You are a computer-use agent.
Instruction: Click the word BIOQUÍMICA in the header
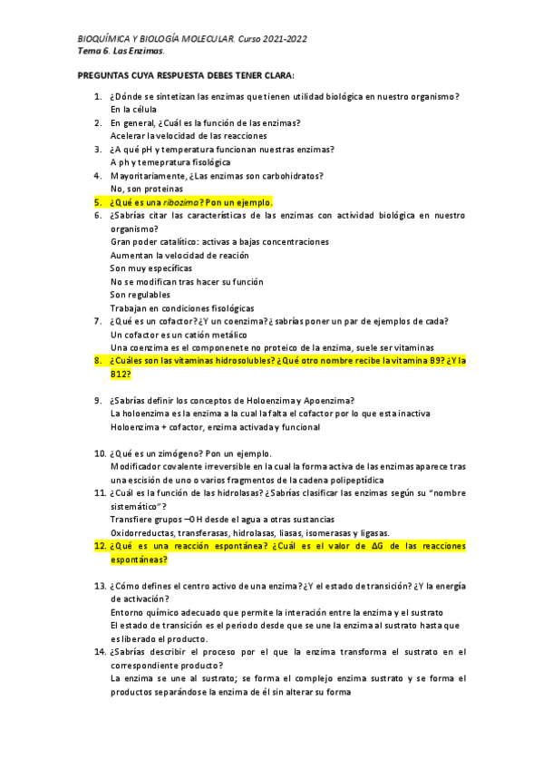(x=102, y=39)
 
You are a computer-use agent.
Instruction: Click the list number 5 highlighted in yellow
(x=97, y=202)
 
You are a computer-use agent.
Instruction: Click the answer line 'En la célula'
(x=133, y=109)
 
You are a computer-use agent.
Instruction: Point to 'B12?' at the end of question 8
(x=121, y=374)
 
